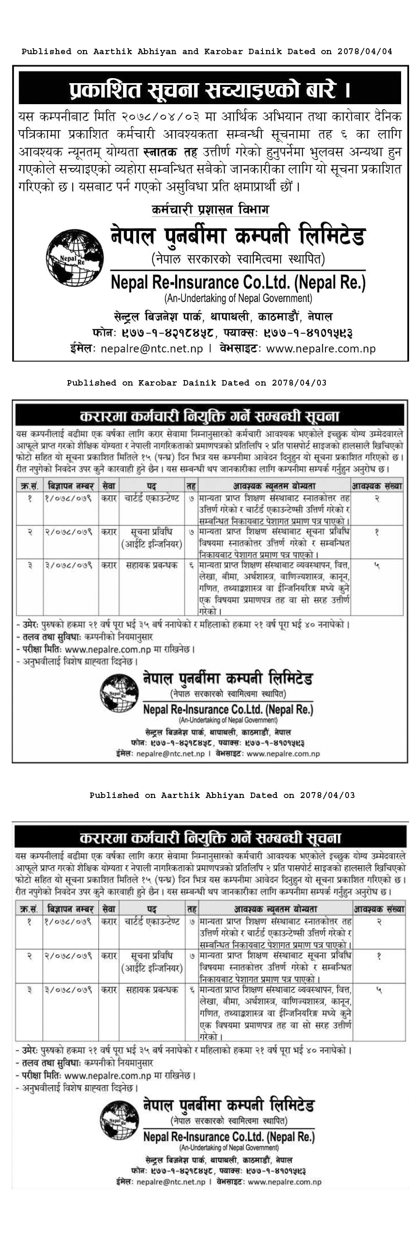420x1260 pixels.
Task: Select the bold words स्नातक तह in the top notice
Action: click(x=170, y=152)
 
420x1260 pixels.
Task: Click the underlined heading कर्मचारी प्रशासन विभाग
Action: click(x=210, y=210)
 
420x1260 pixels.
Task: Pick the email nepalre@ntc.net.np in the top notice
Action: click(x=152, y=349)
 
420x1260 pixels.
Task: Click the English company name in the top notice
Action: click(x=238, y=282)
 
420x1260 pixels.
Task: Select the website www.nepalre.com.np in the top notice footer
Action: click(x=321, y=349)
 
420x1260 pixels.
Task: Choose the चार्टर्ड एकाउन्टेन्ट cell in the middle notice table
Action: click(x=152, y=499)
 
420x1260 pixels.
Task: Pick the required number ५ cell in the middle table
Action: click(x=376, y=565)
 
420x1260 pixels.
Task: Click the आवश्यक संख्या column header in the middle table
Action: click(x=376, y=486)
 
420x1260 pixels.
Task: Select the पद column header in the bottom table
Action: click(x=152, y=909)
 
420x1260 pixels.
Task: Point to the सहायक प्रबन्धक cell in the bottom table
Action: click(x=152, y=990)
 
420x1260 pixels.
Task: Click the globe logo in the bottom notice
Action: click(x=119, y=1120)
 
